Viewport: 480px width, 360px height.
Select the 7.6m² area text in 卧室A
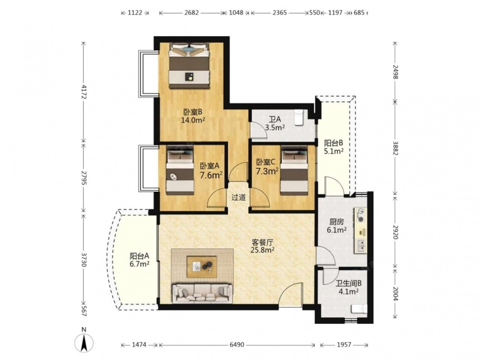click(x=211, y=175)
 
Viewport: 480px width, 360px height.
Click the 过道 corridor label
click(x=239, y=197)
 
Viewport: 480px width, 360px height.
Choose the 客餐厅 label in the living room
click(x=263, y=242)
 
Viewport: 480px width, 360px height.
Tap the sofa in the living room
click(x=202, y=293)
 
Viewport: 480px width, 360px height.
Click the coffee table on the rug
click(x=202, y=266)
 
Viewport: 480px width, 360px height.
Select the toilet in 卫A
click(x=299, y=118)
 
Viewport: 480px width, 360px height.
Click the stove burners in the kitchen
click(x=361, y=216)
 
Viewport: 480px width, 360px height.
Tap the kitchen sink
click(x=361, y=245)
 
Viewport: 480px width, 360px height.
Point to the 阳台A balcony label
click(x=139, y=256)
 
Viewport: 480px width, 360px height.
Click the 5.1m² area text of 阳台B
click(x=334, y=151)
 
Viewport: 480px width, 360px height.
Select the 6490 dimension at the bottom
click(x=237, y=345)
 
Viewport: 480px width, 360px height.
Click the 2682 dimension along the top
click(x=192, y=13)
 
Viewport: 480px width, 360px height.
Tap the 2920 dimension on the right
click(x=395, y=232)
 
